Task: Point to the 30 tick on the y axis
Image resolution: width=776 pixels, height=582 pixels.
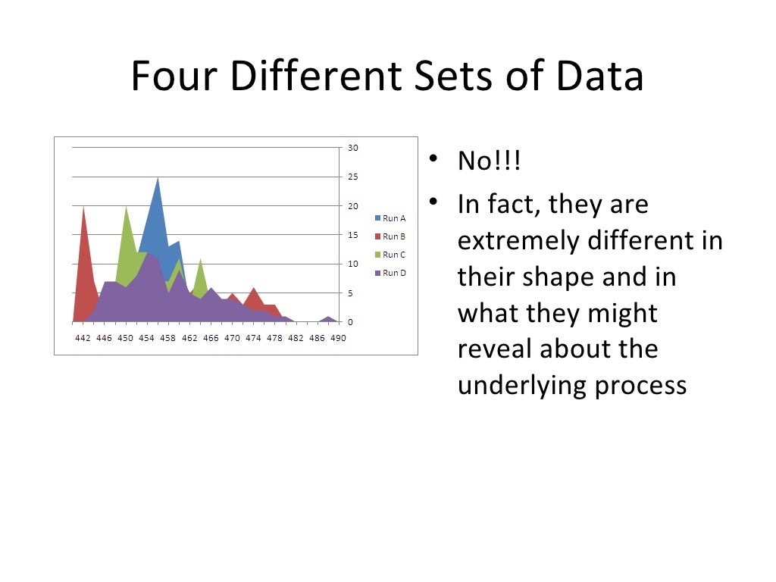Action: [x=353, y=148]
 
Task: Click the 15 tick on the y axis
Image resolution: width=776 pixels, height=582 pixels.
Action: [x=353, y=235]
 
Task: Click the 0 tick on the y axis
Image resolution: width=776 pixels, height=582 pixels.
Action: [x=350, y=322]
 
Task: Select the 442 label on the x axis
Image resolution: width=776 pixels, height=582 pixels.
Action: [x=83, y=338]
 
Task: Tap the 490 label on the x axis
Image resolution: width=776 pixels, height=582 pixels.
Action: [x=338, y=338]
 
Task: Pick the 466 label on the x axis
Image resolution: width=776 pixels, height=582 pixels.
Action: [x=211, y=338]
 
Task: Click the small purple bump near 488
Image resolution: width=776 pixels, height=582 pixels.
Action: [x=328, y=318]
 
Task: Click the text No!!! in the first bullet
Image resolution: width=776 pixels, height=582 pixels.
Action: [x=489, y=161]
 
